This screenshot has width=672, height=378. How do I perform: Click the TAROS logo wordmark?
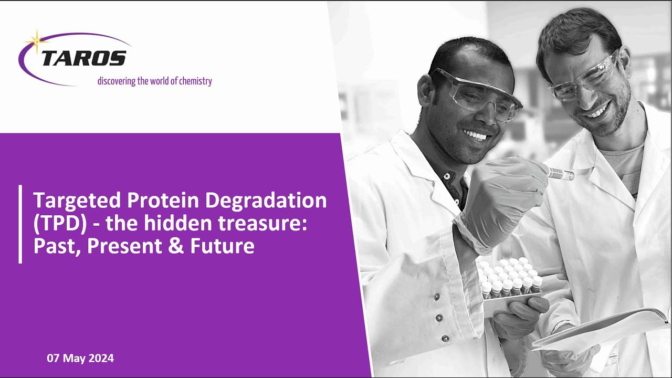83,58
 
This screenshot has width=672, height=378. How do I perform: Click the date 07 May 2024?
80,359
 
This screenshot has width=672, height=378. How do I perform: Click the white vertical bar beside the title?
20,224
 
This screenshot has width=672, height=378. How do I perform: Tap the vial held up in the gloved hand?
560,174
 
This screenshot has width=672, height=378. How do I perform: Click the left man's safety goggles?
478,94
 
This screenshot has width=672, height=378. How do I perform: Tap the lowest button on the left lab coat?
445,339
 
